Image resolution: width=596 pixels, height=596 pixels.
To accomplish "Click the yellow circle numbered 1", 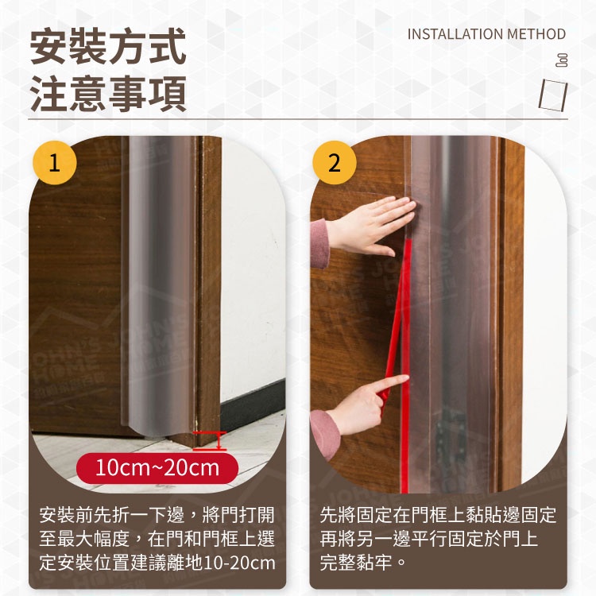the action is tap(55, 163).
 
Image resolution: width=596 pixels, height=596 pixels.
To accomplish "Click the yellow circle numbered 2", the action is tap(334, 163).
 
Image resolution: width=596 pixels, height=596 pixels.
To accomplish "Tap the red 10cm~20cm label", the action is tap(157, 468).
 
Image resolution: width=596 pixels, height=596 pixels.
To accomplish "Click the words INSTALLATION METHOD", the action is tap(486, 34).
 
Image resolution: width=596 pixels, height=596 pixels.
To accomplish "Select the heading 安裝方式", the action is tap(108, 46).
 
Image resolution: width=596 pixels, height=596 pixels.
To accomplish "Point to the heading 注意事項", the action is tap(108, 94).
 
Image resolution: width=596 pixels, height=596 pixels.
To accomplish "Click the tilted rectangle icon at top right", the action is tap(553, 95).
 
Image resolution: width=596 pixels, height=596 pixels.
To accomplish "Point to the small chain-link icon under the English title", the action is tap(562, 60).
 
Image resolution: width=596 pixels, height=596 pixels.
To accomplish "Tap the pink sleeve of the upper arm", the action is tap(319, 243).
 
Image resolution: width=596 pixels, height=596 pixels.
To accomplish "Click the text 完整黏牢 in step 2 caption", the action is tap(356, 562).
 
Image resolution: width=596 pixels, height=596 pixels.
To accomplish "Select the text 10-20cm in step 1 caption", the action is tap(239, 563).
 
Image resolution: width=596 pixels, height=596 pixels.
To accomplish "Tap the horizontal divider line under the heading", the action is tap(298, 119).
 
